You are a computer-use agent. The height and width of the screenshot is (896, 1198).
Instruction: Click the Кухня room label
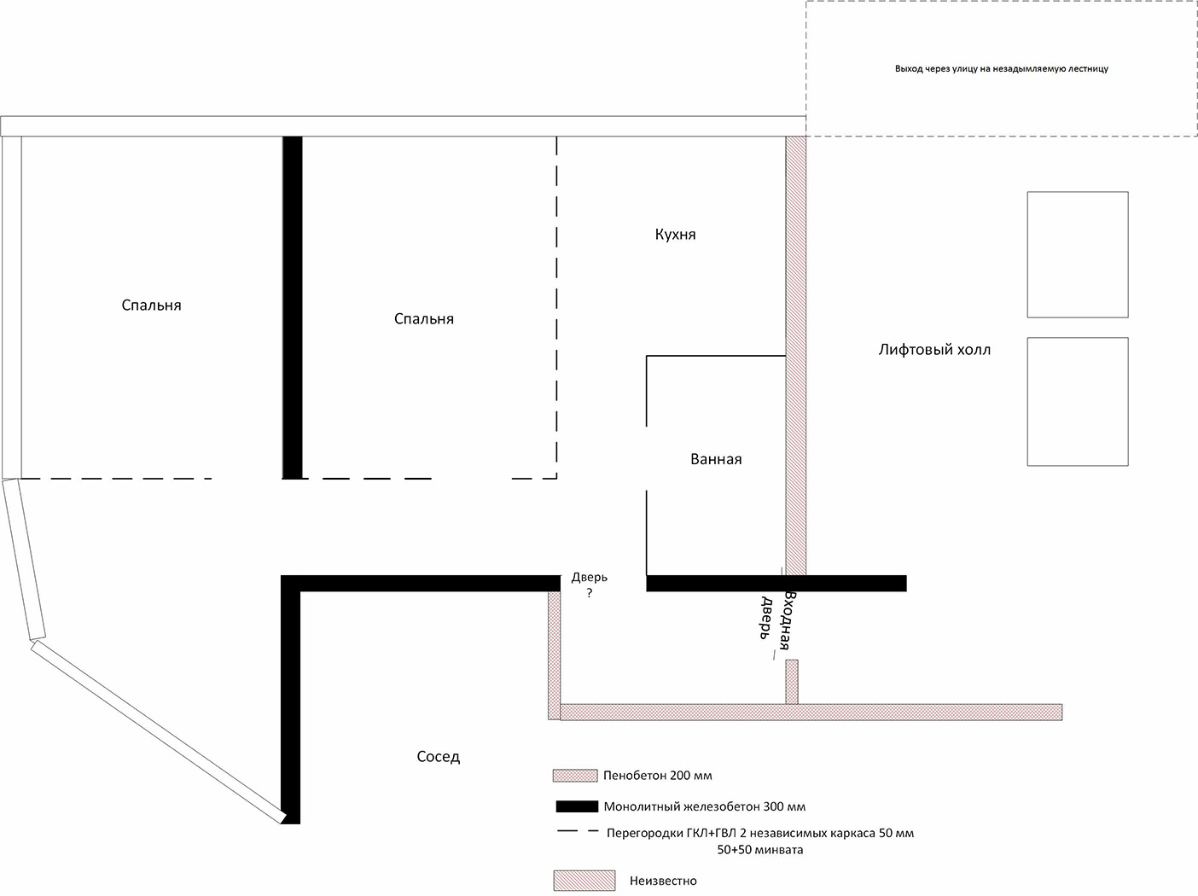(x=675, y=235)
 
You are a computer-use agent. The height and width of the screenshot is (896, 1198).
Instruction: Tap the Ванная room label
(x=716, y=459)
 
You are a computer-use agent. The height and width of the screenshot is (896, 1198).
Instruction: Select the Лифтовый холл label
(x=934, y=350)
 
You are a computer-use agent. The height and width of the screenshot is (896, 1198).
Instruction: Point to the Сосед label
(x=439, y=756)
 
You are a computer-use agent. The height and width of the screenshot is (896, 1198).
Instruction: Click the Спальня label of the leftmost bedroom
(x=151, y=305)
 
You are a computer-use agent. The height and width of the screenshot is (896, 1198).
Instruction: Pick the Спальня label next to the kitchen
(x=424, y=318)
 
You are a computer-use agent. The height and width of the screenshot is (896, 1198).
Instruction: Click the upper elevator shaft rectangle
(x=1078, y=254)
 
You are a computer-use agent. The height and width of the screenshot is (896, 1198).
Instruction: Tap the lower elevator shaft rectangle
(x=1078, y=402)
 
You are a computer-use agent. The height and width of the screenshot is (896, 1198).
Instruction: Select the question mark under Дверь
(x=590, y=593)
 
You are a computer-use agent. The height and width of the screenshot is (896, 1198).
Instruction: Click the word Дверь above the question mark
(x=590, y=578)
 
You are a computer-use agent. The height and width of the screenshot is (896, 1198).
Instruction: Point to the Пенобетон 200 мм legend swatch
(x=575, y=776)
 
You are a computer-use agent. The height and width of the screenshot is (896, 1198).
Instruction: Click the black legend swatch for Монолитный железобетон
(x=577, y=806)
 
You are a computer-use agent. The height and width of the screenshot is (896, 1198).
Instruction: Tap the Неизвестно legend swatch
(x=584, y=881)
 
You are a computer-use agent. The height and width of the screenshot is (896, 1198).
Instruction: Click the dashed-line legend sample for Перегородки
(x=578, y=831)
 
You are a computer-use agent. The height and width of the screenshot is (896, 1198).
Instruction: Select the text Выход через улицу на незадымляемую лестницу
(x=1002, y=69)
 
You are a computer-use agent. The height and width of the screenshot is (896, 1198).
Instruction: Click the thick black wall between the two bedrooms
(x=293, y=307)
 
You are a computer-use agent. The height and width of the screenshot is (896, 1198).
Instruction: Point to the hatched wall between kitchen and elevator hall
(x=796, y=355)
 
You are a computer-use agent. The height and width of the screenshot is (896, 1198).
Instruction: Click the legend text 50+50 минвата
(x=760, y=850)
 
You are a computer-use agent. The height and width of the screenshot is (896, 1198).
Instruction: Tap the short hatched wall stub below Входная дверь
(x=791, y=682)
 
